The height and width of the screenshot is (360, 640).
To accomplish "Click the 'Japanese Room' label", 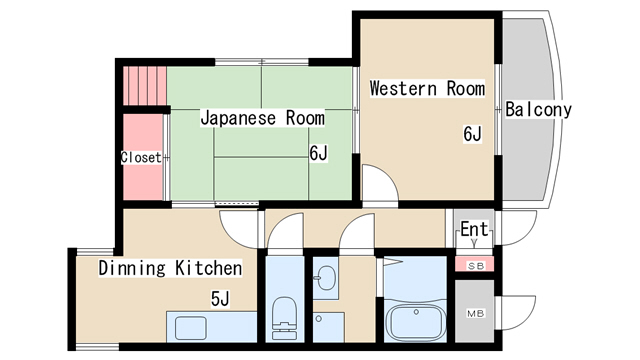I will [x=262, y=118].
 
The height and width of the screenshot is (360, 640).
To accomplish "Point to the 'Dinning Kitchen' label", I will [x=170, y=268].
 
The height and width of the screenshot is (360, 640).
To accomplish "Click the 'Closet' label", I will [x=141, y=157].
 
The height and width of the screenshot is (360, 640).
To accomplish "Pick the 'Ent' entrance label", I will [x=474, y=230].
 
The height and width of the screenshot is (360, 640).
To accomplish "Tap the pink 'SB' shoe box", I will [x=475, y=264].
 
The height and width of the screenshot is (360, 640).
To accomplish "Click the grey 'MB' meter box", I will [x=475, y=313].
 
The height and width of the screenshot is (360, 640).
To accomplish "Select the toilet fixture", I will [x=284, y=314].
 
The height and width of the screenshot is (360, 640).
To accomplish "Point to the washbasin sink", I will [x=325, y=279].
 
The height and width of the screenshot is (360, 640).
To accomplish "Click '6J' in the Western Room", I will [x=473, y=134].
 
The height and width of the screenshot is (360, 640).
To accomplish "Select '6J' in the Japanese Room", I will [x=318, y=153].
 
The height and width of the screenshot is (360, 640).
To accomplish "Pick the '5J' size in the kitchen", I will [x=220, y=298].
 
